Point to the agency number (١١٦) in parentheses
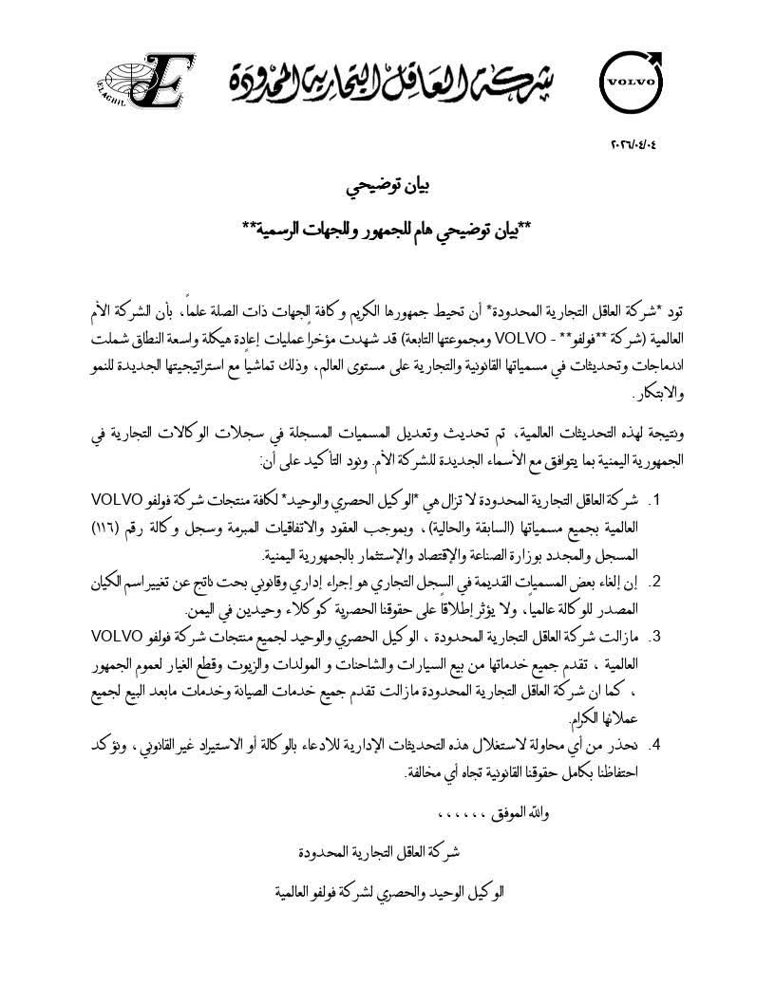[x=123, y=526]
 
